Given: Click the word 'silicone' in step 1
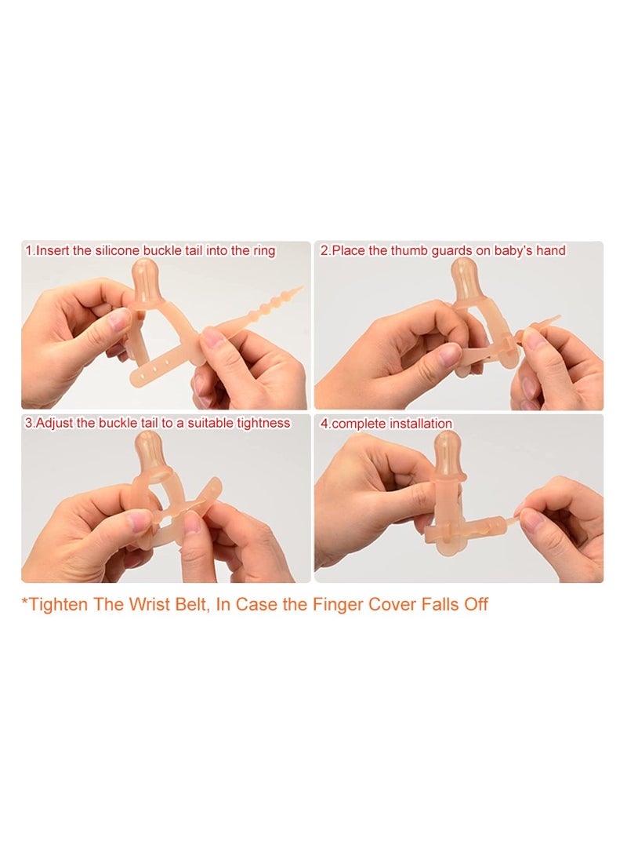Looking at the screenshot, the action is [118, 251].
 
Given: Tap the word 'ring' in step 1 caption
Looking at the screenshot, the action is [263, 252].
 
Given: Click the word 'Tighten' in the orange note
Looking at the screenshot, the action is [59, 604].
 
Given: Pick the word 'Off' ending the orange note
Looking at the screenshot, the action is [476, 604].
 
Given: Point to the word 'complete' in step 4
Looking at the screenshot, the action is [359, 424].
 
